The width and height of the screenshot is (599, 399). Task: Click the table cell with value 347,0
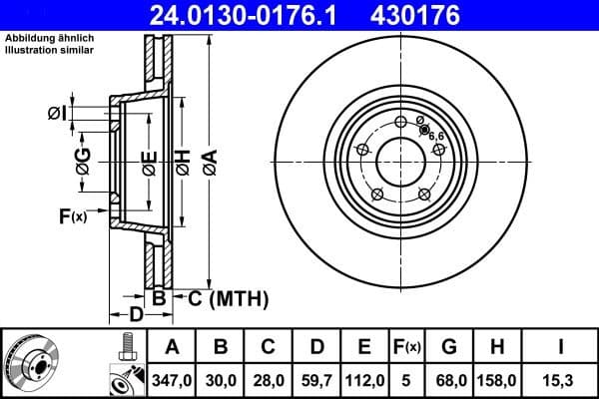pos(171,379)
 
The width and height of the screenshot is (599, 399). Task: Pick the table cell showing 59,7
pos(316,379)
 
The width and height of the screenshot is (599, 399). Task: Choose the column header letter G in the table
pos(448,347)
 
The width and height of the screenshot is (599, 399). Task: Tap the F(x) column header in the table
pos(407,347)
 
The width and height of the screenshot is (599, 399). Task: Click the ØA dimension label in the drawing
pos(209,160)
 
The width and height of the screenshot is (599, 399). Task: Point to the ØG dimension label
pos(83,160)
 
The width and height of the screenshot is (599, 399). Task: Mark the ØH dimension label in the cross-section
pos(183,160)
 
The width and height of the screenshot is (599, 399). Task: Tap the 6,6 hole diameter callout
pos(436,136)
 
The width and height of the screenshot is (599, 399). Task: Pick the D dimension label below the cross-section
pos(138,315)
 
